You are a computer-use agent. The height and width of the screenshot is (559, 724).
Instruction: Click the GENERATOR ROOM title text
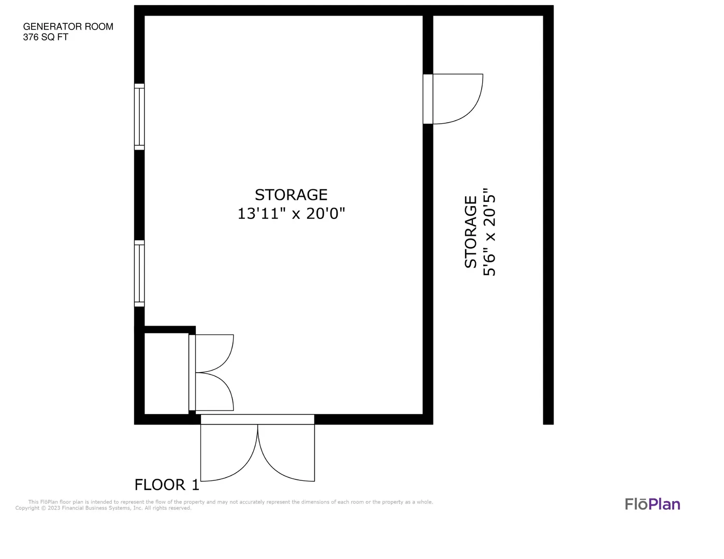tap(68, 26)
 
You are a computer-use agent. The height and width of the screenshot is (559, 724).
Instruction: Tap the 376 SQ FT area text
tap(45, 37)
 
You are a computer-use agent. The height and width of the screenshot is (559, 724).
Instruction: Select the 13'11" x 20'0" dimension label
tap(291, 213)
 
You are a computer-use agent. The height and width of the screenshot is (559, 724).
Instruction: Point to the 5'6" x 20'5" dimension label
tap(489, 232)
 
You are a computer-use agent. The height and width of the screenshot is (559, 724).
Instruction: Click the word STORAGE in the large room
tap(291, 195)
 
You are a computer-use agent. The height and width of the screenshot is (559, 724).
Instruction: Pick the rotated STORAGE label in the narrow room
tap(470, 232)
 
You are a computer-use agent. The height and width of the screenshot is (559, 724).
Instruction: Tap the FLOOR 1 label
tap(167, 485)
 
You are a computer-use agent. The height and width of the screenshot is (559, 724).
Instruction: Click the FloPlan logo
tap(653, 504)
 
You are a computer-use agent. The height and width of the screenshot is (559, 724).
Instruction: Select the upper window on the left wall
tap(139, 117)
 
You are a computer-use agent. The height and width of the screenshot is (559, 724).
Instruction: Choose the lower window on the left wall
tap(139, 273)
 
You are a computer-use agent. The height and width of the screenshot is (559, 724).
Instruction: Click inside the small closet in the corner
tap(166, 374)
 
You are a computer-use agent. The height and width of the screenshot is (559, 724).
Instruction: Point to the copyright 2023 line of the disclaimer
tap(103, 508)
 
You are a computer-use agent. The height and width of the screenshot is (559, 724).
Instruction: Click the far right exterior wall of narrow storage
tap(548, 220)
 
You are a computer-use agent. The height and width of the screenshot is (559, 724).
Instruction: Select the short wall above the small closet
tap(169, 330)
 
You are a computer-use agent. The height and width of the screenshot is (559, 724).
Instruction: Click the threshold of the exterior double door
tap(257, 419)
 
